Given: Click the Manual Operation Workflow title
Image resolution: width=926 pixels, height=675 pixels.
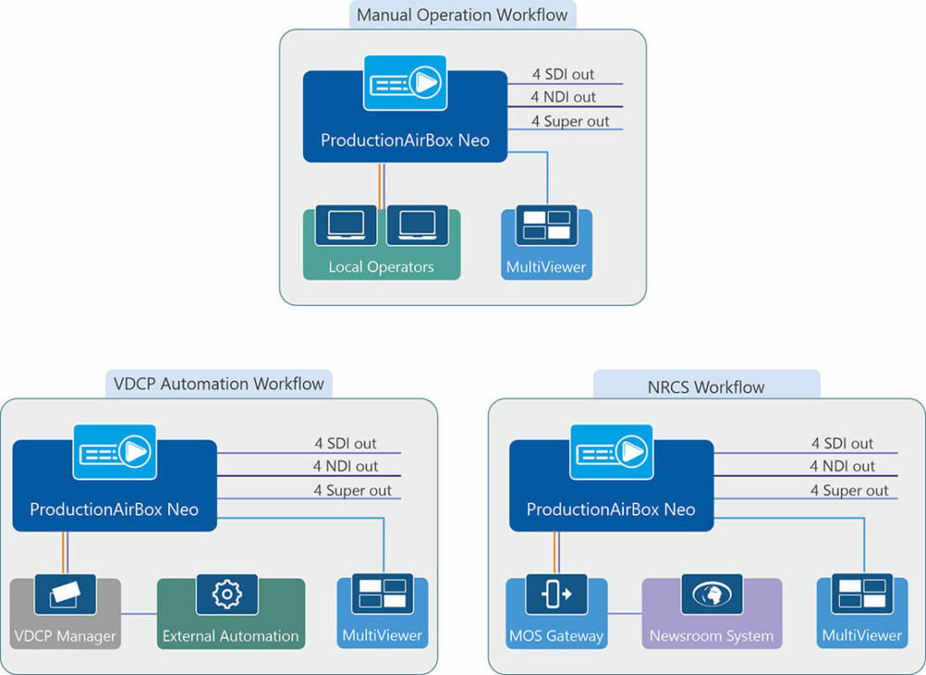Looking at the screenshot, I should (462, 14).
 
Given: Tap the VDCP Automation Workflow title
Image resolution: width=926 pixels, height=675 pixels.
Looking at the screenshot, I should (220, 384).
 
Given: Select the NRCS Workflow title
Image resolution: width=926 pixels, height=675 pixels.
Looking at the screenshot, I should (706, 387).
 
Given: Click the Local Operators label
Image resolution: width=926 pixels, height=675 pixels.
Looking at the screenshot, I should (381, 267).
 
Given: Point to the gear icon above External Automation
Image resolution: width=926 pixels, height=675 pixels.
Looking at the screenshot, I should (227, 594).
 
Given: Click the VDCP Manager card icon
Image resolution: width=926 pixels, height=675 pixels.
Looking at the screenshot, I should (65, 594).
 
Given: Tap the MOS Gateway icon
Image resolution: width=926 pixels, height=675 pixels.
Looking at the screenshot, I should (556, 594).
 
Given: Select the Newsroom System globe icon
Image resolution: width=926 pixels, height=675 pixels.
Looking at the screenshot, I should (712, 594).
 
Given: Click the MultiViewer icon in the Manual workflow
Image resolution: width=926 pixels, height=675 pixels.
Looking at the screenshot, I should (546, 225).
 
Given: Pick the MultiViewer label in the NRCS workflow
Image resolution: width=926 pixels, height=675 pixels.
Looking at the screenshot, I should (862, 635).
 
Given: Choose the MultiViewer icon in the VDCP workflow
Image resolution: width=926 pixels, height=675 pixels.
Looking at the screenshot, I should (382, 594).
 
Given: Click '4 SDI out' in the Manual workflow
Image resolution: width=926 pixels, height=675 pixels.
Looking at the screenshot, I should (562, 74).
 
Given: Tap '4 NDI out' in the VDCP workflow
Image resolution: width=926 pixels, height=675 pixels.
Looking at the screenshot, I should (345, 466).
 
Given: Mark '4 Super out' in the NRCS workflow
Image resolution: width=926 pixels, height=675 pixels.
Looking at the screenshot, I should (849, 490).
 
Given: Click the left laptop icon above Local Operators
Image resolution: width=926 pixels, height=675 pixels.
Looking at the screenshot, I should (345, 225).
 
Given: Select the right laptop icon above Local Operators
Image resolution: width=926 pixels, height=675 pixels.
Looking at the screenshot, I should (417, 225).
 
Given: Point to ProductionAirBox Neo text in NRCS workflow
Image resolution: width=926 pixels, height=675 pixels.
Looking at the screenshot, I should (610, 509).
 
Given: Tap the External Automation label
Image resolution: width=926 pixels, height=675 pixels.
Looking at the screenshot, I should (231, 636).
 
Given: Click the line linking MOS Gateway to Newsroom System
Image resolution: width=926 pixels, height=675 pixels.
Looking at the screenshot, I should (625, 614).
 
